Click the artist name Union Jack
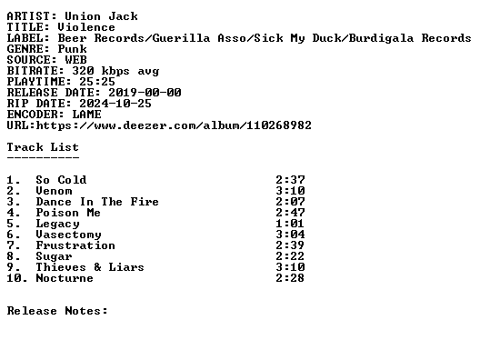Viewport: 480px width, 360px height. point(101,16)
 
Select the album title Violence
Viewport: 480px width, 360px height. point(86,27)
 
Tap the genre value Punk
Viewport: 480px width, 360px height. point(72,49)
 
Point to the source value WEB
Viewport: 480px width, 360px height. point(76,60)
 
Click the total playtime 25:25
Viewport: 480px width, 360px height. point(97,82)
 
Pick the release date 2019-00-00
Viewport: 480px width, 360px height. point(145,93)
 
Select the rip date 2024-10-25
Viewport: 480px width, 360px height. point(115,104)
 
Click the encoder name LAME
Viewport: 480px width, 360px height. point(86,115)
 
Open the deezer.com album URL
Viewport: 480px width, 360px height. point(174,125)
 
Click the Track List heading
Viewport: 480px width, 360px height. point(43,147)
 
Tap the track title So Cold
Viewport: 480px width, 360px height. point(61,180)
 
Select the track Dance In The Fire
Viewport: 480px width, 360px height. point(97,202)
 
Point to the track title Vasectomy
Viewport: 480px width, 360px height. point(68,235)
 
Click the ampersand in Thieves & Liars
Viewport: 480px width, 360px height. point(97,267)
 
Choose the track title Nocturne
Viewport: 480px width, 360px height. point(65,278)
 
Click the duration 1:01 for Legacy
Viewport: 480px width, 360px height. point(290,224)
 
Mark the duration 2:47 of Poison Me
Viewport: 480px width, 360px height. point(290,213)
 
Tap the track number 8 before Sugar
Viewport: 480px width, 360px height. point(10,256)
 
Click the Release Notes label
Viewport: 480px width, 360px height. point(57,311)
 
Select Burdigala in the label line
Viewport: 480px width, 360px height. point(381,38)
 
